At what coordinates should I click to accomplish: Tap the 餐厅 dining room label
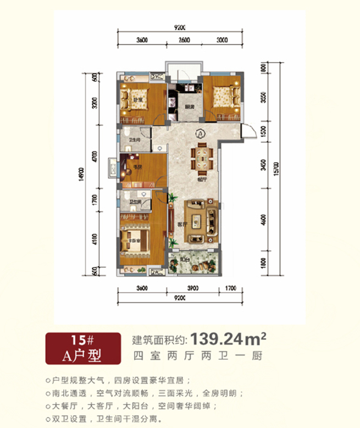pos(202,179)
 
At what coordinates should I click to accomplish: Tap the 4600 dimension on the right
pos(263,220)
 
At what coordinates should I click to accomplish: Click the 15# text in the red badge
pos(83,340)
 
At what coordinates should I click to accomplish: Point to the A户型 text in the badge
pos(83,354)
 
